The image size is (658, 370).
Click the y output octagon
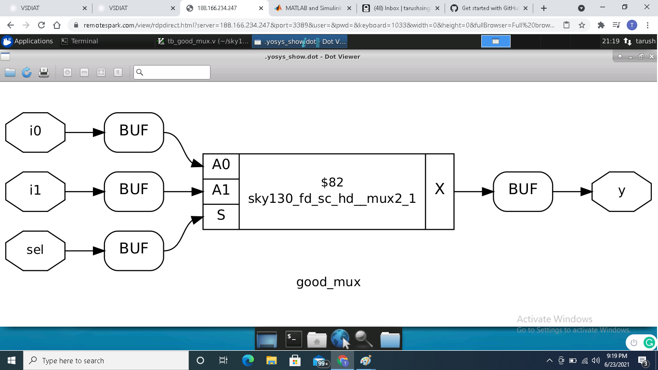[621, 191]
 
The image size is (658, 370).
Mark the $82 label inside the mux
[332, 183]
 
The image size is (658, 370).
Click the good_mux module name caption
[329, 282]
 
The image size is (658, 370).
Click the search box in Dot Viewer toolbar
[172, 72]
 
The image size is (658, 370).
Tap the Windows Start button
[12, 360]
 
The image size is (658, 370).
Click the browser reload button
[41, 25]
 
